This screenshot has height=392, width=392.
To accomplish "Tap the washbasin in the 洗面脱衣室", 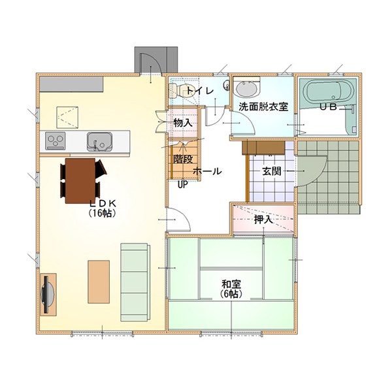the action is [x=246, y=90].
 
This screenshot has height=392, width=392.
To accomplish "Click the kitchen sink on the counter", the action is [x=99, y=142].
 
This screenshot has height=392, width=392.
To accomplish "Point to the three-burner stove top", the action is [x=56, y=141].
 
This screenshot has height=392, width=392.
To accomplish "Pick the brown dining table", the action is [x=80, y=181].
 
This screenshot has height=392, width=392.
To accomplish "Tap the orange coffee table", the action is [x=99, y=282].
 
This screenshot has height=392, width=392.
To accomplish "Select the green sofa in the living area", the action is [x=135, y=282].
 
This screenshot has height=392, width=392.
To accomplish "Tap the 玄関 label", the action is [x=272, y=171].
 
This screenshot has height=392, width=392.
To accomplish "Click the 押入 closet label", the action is [x=263, y=220].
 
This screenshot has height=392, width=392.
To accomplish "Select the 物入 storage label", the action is [x=183, y=123].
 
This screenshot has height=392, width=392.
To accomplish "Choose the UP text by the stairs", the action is [x=183, y=184].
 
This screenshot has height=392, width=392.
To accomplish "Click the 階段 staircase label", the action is [x=183, y=159].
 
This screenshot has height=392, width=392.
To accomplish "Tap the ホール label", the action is [x=207, y=171].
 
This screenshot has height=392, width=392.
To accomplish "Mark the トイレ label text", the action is [x=200, y=91].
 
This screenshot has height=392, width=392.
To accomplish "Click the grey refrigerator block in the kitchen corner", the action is [x=71, y=84].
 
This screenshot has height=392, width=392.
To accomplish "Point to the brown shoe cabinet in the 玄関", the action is [x=263, y=148].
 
